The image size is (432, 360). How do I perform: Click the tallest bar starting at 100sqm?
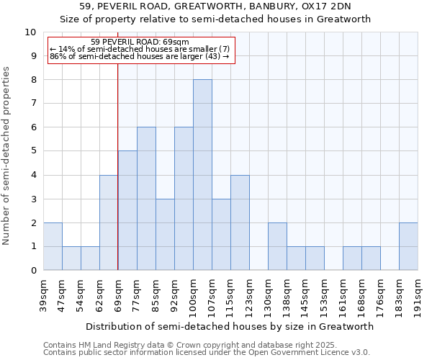[202, 175]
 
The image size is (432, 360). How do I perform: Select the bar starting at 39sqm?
[53, 246]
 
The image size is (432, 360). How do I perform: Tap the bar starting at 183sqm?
[408, 246]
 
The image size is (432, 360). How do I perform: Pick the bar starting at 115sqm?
[240, 222]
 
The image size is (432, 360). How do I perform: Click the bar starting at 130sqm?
[277, 246]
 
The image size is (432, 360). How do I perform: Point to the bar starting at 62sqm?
[109, 222]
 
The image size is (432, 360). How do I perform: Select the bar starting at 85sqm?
[165, 235]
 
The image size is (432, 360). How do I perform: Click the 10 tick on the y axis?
[30, 32]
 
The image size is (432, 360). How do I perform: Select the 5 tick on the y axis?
[33, 151]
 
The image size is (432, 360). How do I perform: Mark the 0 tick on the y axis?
[33, 271]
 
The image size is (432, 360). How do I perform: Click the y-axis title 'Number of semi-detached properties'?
[7, 156]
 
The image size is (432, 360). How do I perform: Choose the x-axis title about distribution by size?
[230, 326]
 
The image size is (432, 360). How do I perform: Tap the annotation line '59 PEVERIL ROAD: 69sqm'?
[140, 42]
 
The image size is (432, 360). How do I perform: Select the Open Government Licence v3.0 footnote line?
[207, 353]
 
